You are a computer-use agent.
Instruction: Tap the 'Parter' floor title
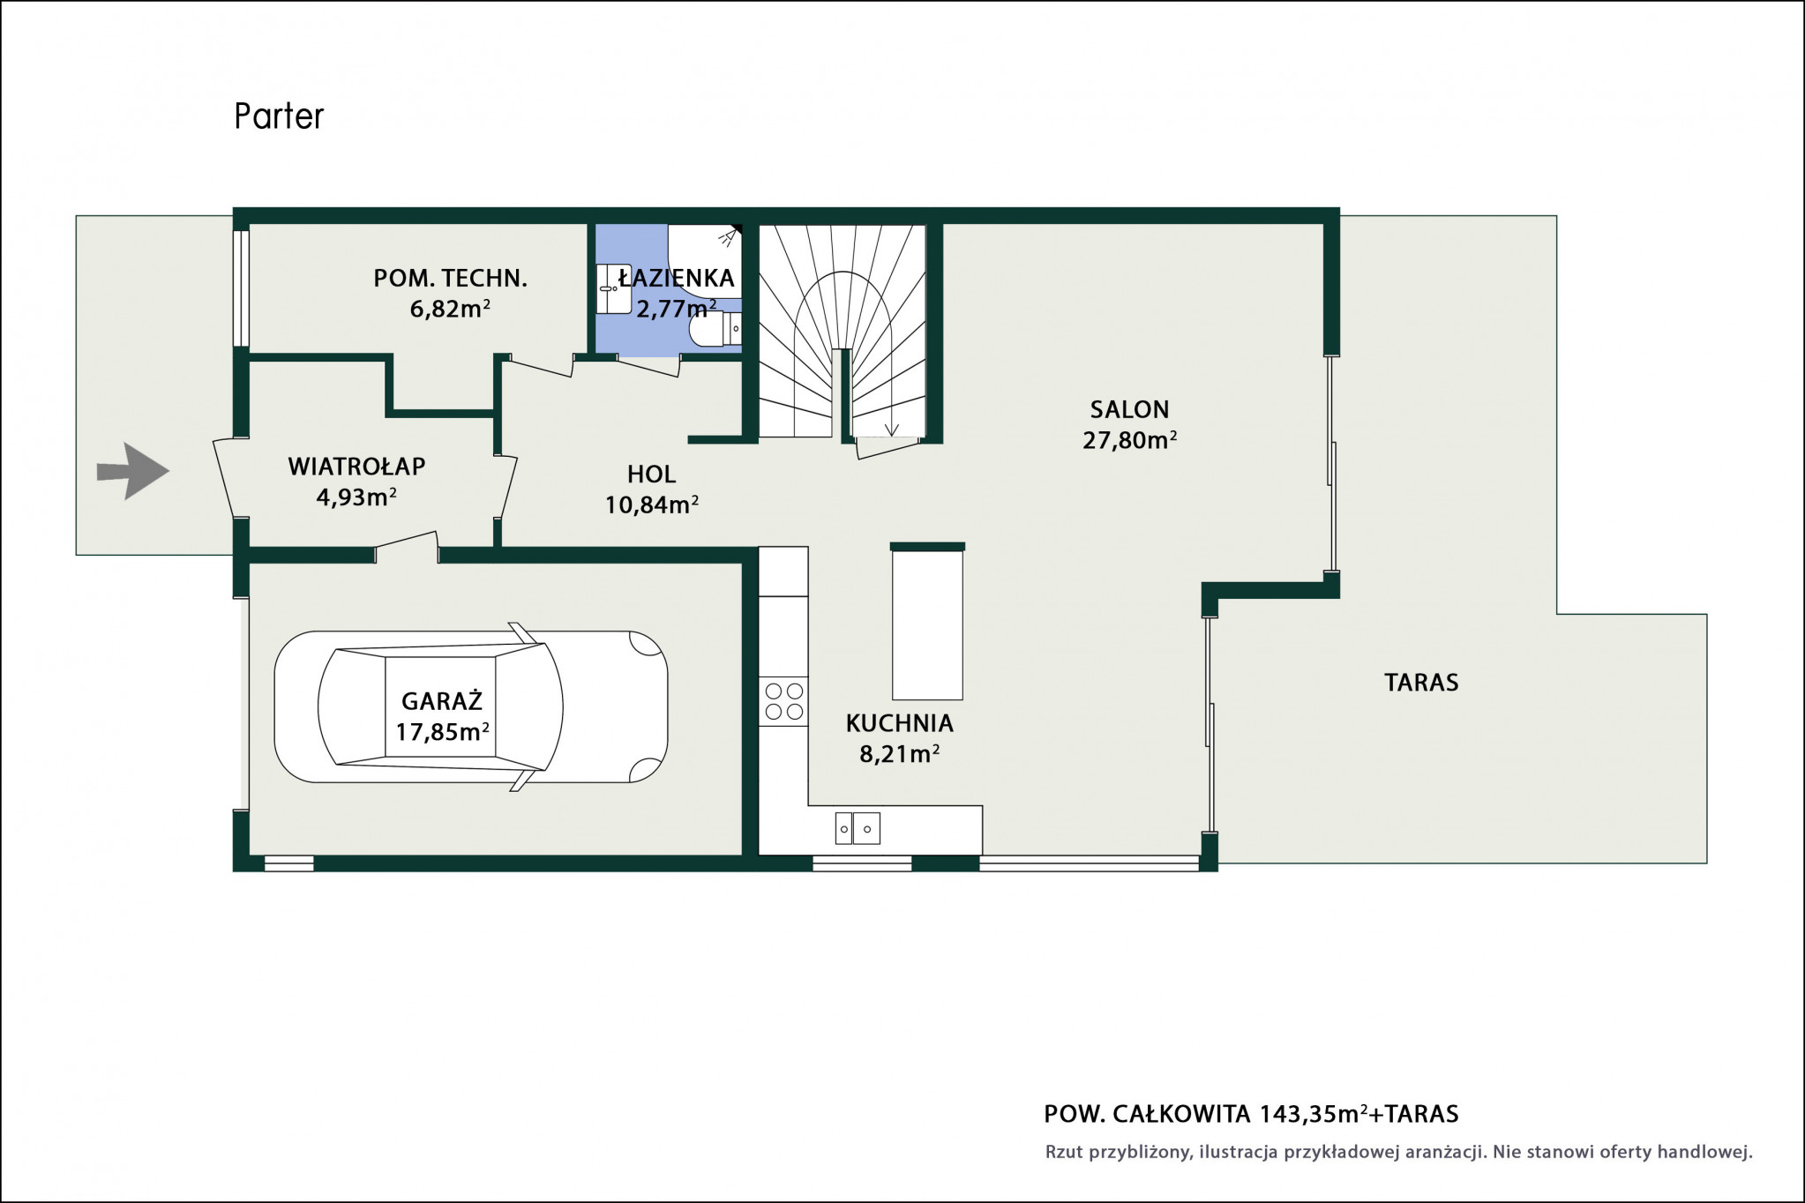[x=279, y=116]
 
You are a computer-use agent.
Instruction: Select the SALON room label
[x=1129, y=409]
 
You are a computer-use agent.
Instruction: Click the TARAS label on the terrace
[x=1420, y=682]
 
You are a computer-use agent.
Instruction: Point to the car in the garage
[x=471, y=706]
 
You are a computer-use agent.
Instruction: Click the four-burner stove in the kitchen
[x=783, y=701]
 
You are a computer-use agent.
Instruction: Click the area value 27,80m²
[x=1129, y=439]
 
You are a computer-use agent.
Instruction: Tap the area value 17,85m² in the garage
[x=442, y=731]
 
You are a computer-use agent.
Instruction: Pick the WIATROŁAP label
[x=356, y=467]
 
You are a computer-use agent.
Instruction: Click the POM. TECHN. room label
[x=450, y=279]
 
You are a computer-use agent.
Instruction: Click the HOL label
[x=651, y=474]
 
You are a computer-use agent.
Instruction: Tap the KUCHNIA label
[x=900, y=723]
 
